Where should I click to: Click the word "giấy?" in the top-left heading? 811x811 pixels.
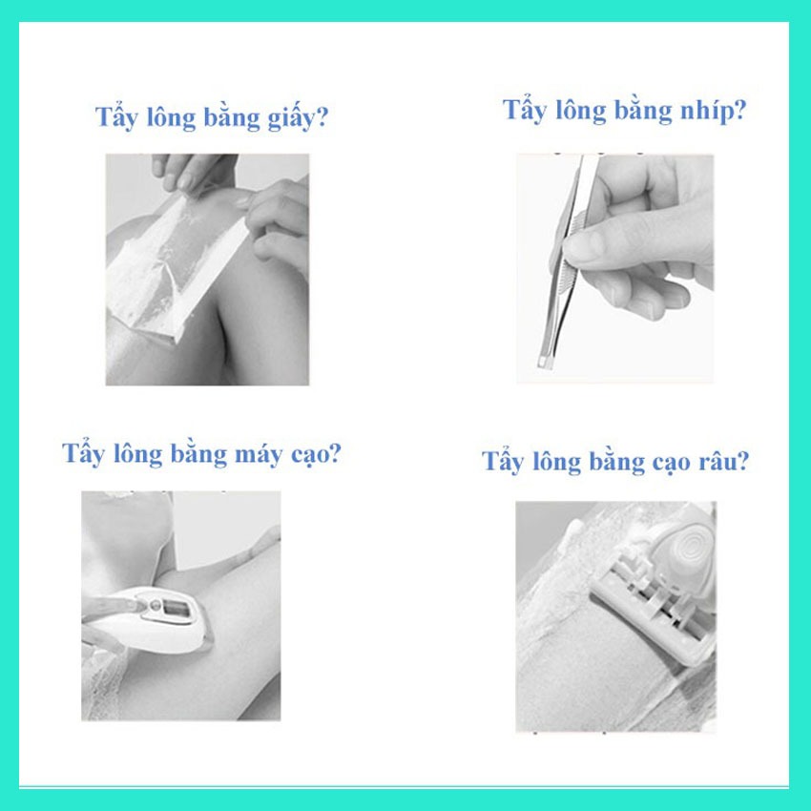click(298, 119)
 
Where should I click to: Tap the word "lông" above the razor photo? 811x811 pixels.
click(557, 462)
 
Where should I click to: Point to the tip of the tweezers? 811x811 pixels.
click(545, 363)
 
